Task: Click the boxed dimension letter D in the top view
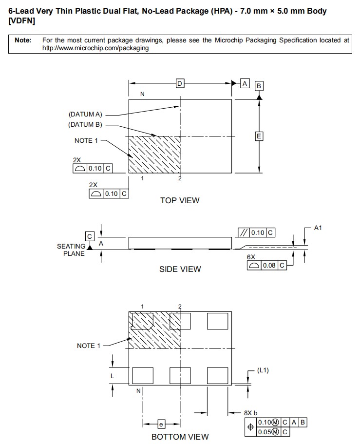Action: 180,84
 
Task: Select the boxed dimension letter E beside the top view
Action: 259,136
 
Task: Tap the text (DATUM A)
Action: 85,114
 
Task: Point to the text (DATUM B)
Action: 85,125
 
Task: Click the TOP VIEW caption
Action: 180,200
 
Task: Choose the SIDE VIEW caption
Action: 180,269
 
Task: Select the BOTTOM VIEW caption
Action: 180,437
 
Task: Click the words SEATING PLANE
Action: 71,250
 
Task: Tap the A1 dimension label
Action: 318,228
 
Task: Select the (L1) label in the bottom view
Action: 263,370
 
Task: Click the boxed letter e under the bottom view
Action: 161,424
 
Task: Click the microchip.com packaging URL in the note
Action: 95,48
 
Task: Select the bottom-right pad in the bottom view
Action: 217,375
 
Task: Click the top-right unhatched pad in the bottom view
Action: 217,321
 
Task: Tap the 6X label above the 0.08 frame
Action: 251,256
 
